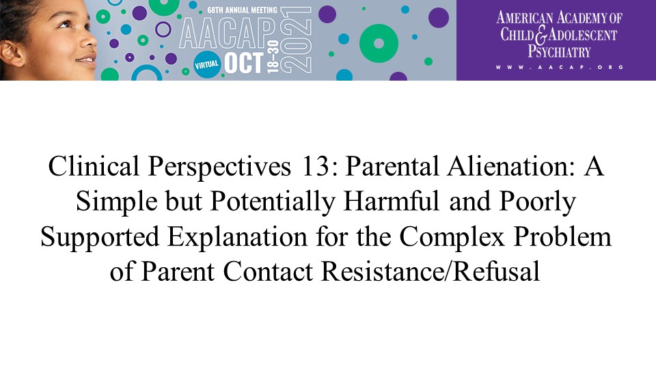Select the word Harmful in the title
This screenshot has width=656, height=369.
pos(392,201)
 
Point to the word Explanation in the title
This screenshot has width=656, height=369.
pos(238,237)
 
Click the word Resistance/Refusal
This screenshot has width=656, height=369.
pos(430,271)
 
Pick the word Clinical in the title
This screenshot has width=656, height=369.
pos(94,166)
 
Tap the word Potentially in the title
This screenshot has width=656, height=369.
pos(273,202)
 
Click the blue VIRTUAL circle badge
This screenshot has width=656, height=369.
pos(206,64)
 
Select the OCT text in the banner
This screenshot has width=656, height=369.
pos(244,63)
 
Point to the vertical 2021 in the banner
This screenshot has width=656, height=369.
pos(297,40)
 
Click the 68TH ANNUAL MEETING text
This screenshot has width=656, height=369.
pos(242,10)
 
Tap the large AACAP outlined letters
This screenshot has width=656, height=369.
pos(228,33)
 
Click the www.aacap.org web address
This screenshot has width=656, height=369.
pos(560,67)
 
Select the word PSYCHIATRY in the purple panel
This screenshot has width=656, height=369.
pos(559,51)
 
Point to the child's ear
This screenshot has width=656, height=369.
pos(12,53)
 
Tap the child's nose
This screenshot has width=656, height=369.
pos(89,40)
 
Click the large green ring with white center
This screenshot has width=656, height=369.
pos(379,44)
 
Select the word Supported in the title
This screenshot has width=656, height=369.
pos(100,237)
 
